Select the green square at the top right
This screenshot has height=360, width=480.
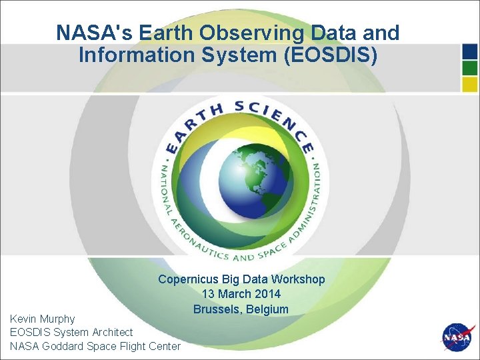(469, 68)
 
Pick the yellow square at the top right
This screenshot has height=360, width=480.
(469, 84)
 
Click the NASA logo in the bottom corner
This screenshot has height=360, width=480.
(458, 338)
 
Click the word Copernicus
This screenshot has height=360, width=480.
(188, 279)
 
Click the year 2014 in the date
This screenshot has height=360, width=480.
(267, 294)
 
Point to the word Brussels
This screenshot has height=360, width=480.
(217, 309)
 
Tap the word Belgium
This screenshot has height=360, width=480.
(267, 309)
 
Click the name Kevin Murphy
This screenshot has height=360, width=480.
(43, 319)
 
